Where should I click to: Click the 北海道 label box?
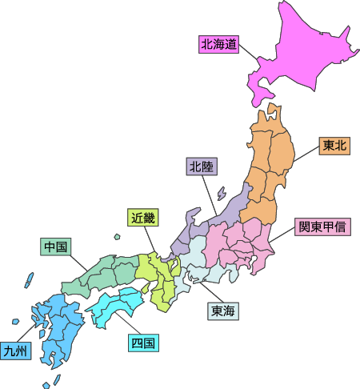tap(219, 45)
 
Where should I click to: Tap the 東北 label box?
tap(334, 146)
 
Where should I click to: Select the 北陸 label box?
tap(199, 167)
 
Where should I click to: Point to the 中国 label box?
tap(55, 247)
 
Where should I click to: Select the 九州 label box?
tap(15, 351)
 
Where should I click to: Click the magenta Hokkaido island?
tap(304, 56)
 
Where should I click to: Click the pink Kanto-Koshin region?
tap(240, 240)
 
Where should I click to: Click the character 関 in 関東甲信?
tap(305, 227)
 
